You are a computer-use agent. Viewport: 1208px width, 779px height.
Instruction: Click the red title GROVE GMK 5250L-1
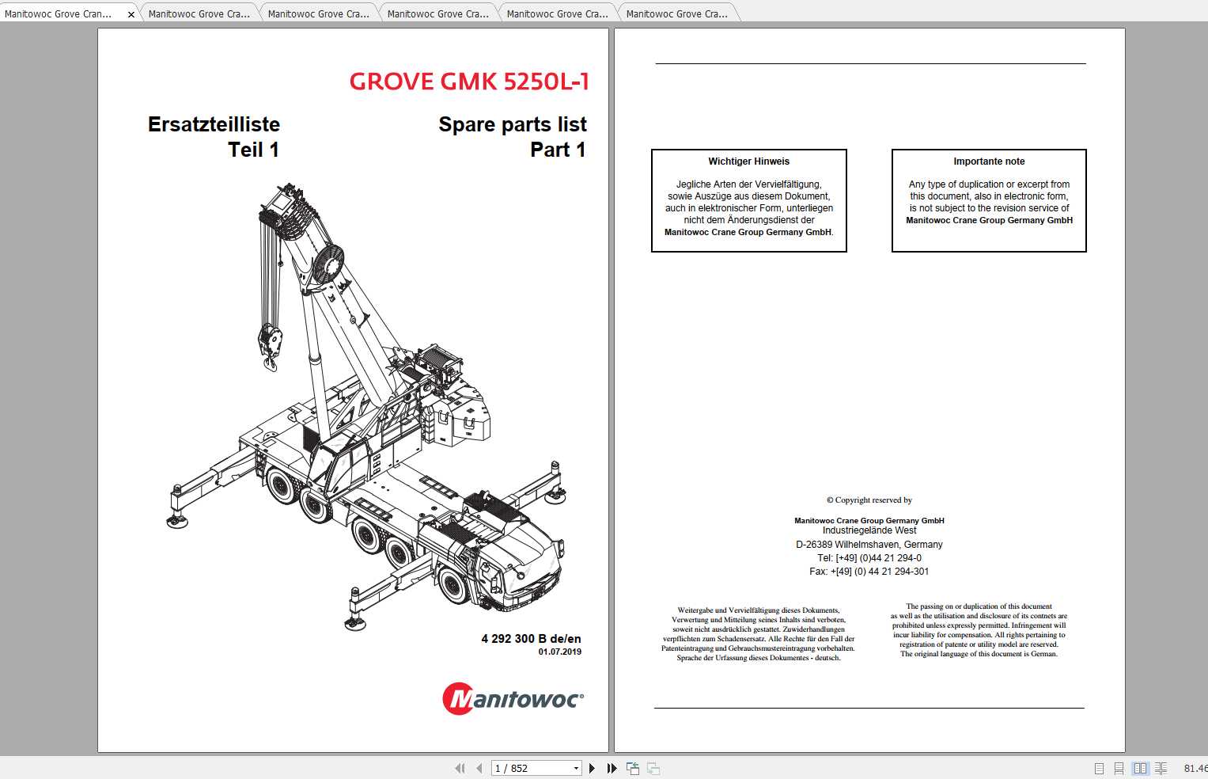(469, 82)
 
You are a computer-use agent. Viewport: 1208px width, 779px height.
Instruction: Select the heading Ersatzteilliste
(214, 124)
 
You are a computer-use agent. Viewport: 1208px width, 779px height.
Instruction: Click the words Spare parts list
(513, 124)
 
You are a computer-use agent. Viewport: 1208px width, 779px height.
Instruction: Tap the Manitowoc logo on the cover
(513, 699)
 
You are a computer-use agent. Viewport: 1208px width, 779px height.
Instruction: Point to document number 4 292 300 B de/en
(531, 638)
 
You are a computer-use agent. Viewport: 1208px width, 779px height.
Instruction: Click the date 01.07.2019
(559, 652)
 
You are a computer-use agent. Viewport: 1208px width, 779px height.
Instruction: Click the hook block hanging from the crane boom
(270, 345)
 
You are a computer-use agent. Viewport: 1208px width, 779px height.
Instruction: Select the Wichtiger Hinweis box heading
(748, 161)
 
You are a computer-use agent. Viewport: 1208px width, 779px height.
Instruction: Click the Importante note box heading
(989, 161)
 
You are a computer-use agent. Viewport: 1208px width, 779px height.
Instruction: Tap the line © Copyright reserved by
(869, 500)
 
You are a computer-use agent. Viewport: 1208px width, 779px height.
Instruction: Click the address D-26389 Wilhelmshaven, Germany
(869, 545)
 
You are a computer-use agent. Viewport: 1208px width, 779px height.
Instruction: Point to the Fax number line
(869, 572)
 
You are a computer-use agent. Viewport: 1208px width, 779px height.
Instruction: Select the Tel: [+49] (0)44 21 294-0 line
(869, 558)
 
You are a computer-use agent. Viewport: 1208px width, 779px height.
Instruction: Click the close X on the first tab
(131, 14)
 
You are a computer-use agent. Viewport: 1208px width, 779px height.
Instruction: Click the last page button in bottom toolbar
(612, 768)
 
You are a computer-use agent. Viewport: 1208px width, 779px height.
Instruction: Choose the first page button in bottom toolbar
(460, 768)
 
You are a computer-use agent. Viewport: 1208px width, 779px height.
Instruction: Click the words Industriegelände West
(869, 530)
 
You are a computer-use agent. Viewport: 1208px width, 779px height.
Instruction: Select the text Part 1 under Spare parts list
(558, 150)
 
